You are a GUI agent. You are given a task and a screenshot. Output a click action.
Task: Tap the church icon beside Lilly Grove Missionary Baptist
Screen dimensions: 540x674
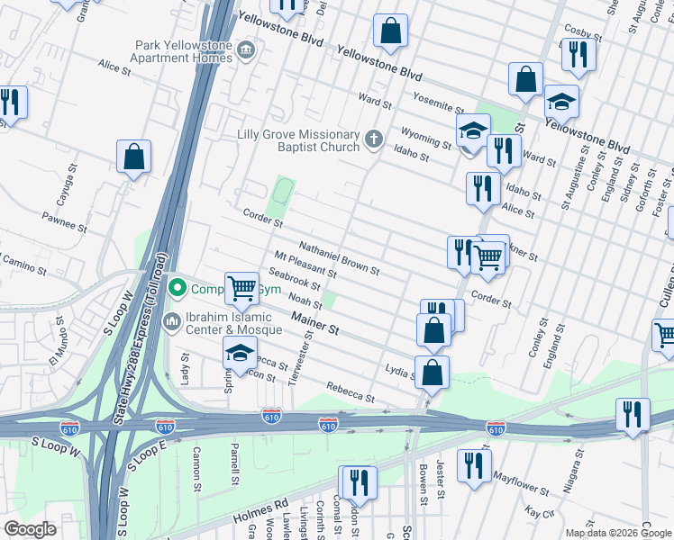374,139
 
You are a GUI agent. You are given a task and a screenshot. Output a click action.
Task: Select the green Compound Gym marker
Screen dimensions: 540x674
178,289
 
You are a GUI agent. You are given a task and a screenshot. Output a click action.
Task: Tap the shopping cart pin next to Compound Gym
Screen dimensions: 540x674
241,289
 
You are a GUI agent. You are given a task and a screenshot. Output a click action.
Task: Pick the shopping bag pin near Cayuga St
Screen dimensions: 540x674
133,157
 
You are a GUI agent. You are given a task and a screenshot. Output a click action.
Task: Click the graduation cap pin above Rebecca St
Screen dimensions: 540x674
241,354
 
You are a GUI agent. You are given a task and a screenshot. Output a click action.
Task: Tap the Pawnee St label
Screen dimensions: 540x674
64,222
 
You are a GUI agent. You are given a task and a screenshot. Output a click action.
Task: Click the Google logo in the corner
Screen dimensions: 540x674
29,529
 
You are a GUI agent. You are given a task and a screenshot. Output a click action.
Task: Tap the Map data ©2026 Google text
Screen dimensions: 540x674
618,533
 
